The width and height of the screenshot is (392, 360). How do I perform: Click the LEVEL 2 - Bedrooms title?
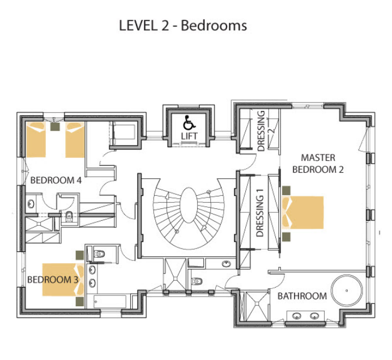pyautogui.click(x=182, y=25)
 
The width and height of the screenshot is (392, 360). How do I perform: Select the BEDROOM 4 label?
pyautogui.click(x=56, y=181)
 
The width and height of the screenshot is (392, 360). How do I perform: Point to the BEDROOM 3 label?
pyautogui.click(x=53, y=280)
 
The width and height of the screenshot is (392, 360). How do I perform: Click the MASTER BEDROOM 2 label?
pyautogui.click(x=318, y=163)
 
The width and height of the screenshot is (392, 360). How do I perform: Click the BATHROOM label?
pyautogui.click(x=302, y=296)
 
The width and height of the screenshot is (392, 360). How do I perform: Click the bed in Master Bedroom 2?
pyautogui.click(x=304, y=212)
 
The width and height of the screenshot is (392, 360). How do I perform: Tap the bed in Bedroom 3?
pyautogui.click(x=62, y=279)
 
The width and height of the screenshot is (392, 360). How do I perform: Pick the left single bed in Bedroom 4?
pyautogui.click(x=36, y=140)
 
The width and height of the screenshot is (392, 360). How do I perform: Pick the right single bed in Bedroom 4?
pyautogui.click(x=75, y=140)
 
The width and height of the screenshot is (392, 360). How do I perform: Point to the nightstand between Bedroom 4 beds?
pyautogui.click(x=55, y=127)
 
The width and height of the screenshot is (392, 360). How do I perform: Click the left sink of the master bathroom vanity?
pyautogui.click(x=296, y=316)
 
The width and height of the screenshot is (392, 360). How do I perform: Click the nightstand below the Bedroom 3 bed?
pyautogui.click(x=80, y=301)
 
